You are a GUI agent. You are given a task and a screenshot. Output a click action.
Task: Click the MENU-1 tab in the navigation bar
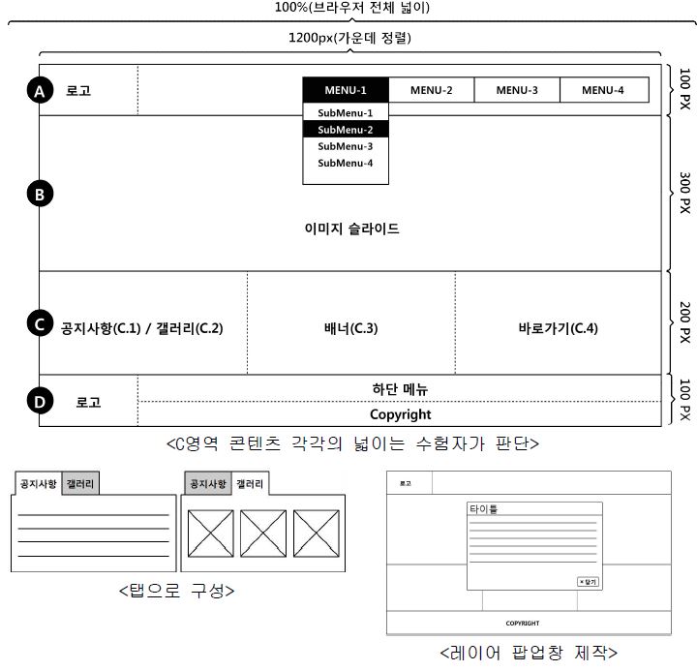point(346,90)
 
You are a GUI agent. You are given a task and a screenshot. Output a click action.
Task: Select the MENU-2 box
point(431,90)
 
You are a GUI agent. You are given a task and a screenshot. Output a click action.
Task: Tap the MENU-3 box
point(517,90)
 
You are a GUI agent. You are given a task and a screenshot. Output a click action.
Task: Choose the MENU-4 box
point(603,90)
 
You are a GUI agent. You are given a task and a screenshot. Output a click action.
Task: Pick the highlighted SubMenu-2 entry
point(346,130)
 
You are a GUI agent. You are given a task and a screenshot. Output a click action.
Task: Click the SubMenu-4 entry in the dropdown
point(346,163)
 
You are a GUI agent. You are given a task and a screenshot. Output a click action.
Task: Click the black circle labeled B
point(39,194)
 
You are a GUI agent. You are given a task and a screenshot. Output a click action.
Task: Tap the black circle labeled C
point(39,323)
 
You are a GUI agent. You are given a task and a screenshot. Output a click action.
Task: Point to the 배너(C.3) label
point(350,327)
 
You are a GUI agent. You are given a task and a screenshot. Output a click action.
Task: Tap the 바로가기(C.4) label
point(559,327)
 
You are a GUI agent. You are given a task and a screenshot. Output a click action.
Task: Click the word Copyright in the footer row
point(401,414)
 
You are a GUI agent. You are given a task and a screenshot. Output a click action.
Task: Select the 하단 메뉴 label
point(400,389)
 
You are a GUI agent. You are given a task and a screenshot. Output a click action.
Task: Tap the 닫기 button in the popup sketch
point(588,581)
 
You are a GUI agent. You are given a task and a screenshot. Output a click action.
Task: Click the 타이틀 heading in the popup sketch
point(483,509)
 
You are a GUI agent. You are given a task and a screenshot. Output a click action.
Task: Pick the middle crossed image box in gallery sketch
point(263,532)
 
